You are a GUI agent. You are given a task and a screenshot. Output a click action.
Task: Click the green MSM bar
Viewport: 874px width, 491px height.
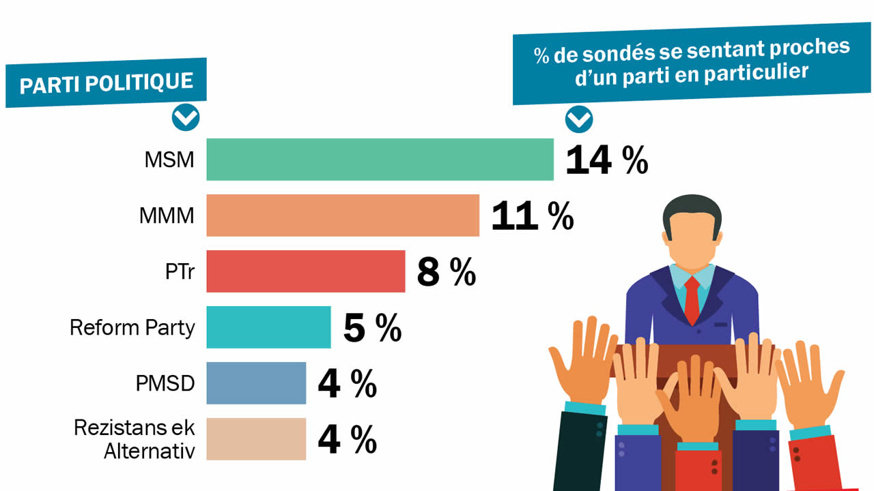[380, 160]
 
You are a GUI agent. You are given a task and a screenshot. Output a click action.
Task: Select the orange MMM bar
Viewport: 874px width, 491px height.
[343, 215]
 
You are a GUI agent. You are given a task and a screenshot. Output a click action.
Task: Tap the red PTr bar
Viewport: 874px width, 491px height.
[305, 271]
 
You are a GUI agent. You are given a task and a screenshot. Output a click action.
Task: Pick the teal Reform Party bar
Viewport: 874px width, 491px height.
[268, 327]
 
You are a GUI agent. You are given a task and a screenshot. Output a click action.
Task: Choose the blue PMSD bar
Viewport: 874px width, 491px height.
[256, 383]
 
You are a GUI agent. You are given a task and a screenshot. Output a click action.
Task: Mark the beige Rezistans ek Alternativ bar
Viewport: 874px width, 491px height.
[256, 439]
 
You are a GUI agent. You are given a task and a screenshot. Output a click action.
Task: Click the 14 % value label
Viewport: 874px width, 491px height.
[606, 161]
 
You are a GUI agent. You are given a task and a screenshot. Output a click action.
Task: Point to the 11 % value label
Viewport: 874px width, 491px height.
[532, 216]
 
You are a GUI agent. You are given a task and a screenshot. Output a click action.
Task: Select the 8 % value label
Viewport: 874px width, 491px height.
[446, 272]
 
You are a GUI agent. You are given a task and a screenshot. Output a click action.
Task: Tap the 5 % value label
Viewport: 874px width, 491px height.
[372, 328]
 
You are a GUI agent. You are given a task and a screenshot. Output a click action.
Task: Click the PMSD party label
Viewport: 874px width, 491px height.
[165, 384]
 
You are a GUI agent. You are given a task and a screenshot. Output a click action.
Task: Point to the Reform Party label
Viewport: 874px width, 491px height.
[132, 328]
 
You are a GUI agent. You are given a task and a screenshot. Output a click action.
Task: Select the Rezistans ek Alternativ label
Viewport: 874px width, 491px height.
[135, 440]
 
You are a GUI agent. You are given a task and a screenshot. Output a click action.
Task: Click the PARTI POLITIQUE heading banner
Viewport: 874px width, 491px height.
[106, 83]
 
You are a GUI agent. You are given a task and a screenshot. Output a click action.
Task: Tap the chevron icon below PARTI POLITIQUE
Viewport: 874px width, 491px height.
[186, 118]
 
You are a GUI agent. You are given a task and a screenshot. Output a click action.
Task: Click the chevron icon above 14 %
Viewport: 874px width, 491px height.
[579, 120]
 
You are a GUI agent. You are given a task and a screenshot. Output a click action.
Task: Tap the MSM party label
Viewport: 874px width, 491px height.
[169, 160]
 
